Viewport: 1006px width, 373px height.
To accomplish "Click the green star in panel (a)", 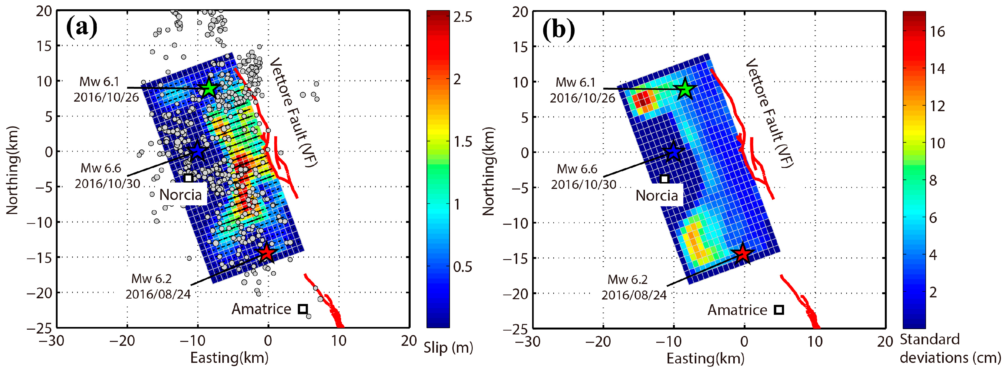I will pyautogui.click(x=209, y=88).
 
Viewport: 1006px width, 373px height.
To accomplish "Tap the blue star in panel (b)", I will pyautogui.click(x=673, y=152).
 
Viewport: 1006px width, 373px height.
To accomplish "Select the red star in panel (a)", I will pyautogui.click(x=267, y=253).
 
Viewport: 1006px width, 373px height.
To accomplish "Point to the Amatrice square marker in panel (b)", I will pyautogui.click(x=779, y=310).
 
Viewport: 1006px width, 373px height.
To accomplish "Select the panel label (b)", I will pyautogui.click(x=558, y=29).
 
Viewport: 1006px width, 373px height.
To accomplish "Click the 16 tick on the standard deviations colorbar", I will pyautogui.click(x=937, y=32).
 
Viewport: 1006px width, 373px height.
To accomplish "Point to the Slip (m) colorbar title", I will pyautogui.click(x=448, y=347).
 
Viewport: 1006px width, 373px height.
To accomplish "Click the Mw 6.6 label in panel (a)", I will pyautogui.click(x=101, y=168).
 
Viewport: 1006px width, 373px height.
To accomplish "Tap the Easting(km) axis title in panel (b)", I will pyautogui.click(x=705, y=358).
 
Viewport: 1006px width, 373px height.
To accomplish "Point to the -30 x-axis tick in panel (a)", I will pyautogui.click(x=52, y=341).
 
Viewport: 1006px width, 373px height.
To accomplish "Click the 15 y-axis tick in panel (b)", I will pyautogui.click(x=520, y=47).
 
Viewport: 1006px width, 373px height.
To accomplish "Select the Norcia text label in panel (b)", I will pyautogui.click(x=657, y=195).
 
